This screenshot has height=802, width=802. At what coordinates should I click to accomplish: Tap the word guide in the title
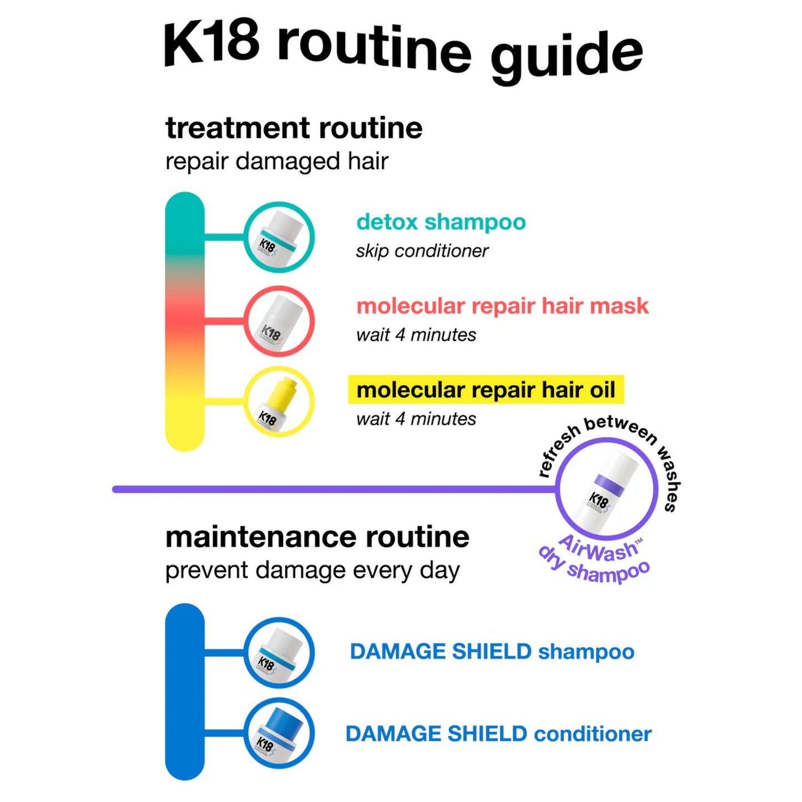pos(567,59)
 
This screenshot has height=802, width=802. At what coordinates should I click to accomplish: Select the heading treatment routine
pos(294,128)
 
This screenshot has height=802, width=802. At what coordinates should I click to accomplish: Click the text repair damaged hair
pos(277,162)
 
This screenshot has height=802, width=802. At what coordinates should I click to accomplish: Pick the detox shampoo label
pos(441,222)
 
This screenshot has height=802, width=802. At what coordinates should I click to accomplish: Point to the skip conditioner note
pos(422,251)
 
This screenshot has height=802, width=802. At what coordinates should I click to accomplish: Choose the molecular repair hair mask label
pos(503,306)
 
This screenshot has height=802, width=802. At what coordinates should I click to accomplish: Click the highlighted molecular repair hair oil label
pos(486,390)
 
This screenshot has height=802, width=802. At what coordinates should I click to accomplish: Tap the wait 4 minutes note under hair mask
pos(416,335)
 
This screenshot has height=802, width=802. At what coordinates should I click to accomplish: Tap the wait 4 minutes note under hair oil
pos(416,419)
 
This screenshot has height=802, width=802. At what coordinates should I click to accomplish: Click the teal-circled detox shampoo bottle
pos(279,237)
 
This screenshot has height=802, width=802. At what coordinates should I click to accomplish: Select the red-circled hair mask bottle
pos(279,321)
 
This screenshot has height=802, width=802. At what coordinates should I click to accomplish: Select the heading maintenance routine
pos(317,537)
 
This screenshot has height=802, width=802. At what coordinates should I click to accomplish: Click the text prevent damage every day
pos(312,571)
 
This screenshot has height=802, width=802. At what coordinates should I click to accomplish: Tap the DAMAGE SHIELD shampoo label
pos(492,652)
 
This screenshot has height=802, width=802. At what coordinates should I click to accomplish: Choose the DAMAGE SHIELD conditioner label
pos(498,734)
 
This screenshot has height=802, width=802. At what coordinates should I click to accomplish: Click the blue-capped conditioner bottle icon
pos(279,733)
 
